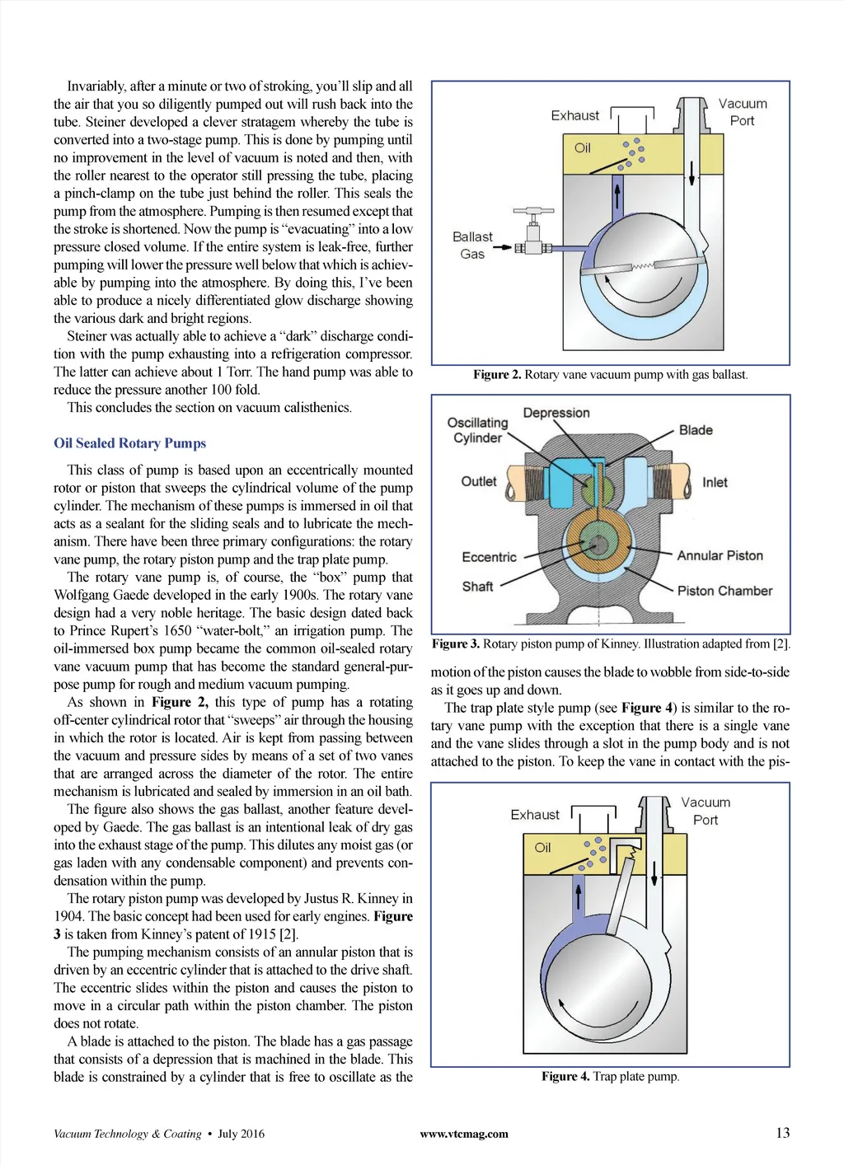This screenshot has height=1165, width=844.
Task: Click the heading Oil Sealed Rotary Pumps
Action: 129,443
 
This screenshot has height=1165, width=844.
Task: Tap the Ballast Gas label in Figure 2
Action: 472,246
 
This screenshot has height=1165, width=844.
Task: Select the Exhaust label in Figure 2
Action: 574,116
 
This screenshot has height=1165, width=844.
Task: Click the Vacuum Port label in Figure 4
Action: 706,811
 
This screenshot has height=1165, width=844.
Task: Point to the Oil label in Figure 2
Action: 583,148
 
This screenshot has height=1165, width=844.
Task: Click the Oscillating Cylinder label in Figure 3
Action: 477,430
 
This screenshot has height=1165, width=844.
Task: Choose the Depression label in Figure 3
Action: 556,413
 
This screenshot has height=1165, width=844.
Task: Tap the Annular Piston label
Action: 720,556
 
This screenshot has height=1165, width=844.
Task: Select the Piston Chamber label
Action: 724,591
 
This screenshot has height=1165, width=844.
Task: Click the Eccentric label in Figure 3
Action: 489,558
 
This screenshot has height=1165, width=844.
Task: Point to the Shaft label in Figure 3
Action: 477,587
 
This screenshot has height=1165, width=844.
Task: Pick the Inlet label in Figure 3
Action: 715,483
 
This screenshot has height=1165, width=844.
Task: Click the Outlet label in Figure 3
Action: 479,482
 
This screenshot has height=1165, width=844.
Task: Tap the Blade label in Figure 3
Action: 696,430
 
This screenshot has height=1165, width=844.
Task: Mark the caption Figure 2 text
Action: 610,375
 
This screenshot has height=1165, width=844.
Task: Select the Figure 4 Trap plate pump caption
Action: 610,1077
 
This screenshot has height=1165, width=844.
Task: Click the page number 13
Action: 782,1133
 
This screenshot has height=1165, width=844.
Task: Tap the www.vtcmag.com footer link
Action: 464,1135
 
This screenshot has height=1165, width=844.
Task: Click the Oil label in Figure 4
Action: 542,848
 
